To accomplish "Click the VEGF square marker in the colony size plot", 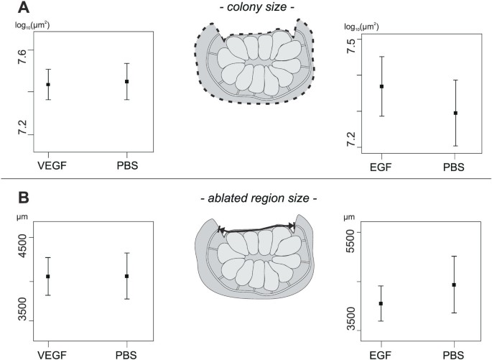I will point(48,85).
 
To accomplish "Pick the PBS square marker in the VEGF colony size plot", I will point(126,81).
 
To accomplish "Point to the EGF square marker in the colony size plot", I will point(381,86).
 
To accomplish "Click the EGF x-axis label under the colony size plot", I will point(381,167).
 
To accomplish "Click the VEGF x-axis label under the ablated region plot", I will point(48,354).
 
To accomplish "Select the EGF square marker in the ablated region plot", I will point(381,304).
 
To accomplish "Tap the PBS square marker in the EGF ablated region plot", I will point(454,285).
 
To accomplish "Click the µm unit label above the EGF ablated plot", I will point(350,215).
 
